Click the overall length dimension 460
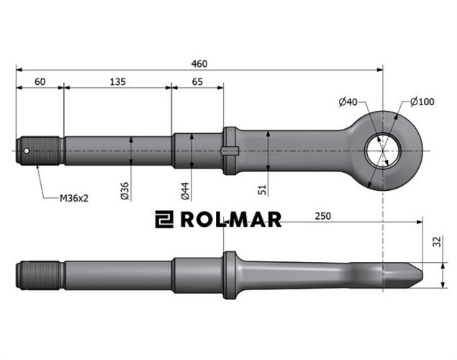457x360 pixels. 199,64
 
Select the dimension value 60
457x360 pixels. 40,82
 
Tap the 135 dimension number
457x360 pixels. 117,82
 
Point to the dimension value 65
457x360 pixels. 197,82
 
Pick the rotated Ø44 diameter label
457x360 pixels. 185,190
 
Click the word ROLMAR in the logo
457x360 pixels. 231,220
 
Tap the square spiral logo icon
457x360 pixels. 165,220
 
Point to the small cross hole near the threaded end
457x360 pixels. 27,150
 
